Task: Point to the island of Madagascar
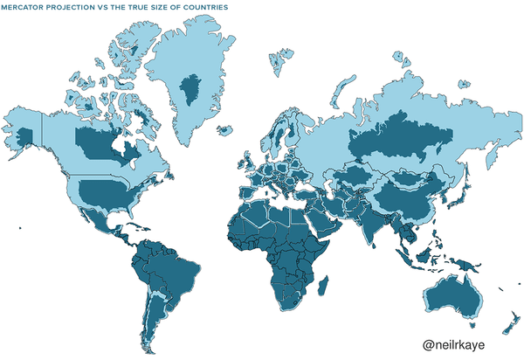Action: (324, 283)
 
